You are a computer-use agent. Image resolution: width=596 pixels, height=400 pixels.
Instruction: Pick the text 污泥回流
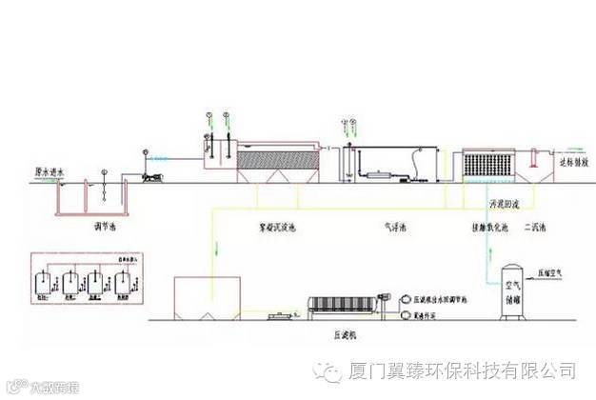(507, 204)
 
